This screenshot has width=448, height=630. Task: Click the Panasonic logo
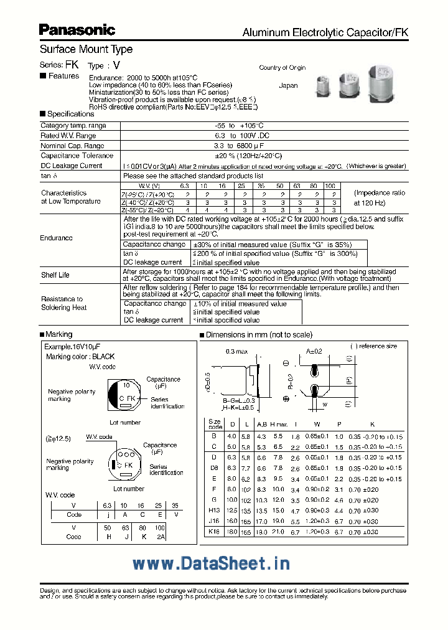click(77, 29)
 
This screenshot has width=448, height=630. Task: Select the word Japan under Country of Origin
click(288, 85)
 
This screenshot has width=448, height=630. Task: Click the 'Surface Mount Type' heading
click(86, 49)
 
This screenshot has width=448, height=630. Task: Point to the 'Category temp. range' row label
click(73, 126)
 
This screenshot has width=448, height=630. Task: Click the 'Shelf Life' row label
click(55, 275)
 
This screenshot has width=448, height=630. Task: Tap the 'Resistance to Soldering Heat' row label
click(62, 303)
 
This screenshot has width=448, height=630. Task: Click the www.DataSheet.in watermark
click(212, 563)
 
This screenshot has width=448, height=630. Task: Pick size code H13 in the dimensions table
click(214, 510)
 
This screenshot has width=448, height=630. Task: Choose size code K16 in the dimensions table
click(214, 531)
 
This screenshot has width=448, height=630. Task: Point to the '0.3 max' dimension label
click(237, 352)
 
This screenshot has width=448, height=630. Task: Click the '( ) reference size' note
click(373, 346)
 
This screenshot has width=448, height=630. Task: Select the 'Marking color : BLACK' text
click(80, 357)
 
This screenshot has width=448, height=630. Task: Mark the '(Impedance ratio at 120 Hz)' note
click(380, 198)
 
